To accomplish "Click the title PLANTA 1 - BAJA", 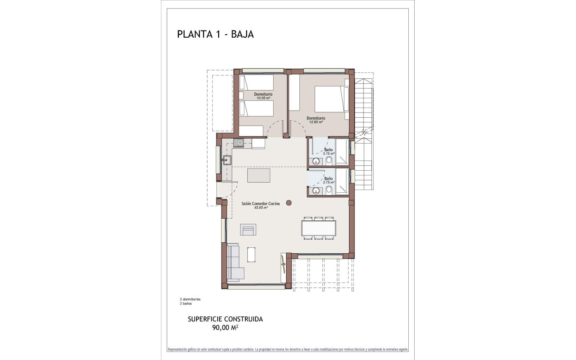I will (215, 34).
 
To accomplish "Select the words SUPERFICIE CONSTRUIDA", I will (225, 319).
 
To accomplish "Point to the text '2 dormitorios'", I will (190, 299).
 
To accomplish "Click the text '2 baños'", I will (186, 304).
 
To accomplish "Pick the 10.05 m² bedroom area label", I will (263, 98).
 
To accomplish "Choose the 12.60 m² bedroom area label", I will (316, 122).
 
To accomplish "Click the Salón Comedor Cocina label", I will (260, 204).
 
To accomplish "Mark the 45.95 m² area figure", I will (260, 208).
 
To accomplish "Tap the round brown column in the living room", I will (289, 203).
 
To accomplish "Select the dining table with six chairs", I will (318, 228).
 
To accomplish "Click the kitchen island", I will (258, 175).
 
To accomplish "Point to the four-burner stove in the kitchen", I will (238, 143).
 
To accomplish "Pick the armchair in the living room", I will (248, 229).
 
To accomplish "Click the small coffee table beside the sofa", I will (251, 255).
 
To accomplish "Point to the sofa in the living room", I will (235, 263).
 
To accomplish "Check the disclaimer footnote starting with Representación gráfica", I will (288, 350).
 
